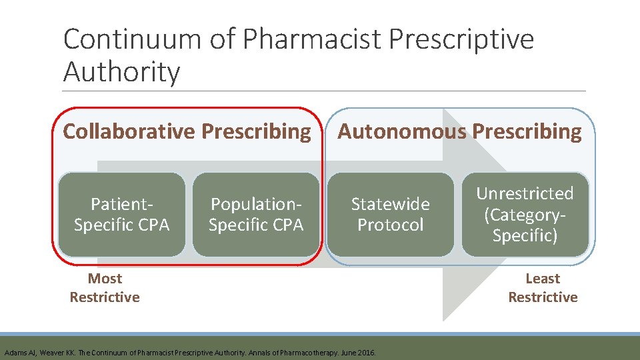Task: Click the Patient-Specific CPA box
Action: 122,215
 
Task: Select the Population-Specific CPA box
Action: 256,215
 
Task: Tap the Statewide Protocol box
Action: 391,215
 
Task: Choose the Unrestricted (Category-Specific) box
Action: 525,215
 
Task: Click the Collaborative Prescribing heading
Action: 187,132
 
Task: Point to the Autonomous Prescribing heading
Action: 459,132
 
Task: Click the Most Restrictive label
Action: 105,288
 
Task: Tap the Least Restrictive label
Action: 543,288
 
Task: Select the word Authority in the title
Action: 121,72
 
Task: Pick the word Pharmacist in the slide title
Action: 313,40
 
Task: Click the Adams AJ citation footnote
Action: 190,352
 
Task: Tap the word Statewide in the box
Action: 391,204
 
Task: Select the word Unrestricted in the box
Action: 525,193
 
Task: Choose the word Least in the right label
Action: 543,279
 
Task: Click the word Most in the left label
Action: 105,279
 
